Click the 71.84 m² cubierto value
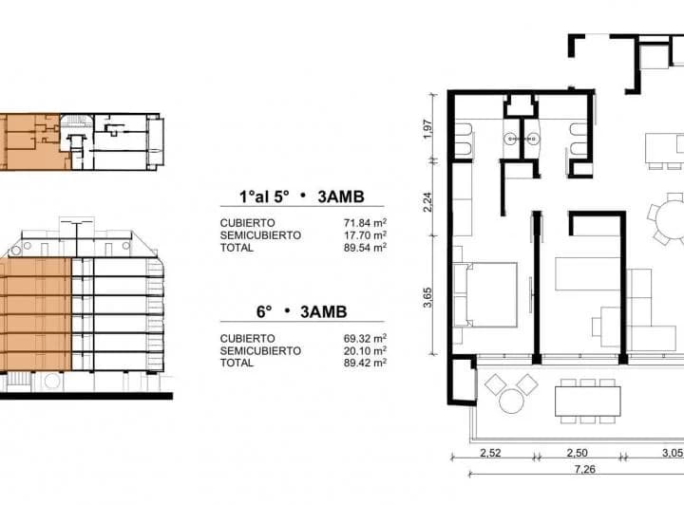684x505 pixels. click(x=365, y=223)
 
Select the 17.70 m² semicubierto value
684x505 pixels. click(x=365, y=235)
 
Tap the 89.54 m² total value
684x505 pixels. click(x=365, y=248)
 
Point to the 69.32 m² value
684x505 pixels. click(x=365, y=338)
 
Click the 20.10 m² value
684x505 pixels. click(x=365, y=350)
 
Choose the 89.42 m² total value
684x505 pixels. click(x=365, y=363)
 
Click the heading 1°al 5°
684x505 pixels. click(x=264, y=196)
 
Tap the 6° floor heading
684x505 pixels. click(x=264, y=312)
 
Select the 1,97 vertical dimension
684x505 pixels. click(x=427, y=129)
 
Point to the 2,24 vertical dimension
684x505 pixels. click(x=427, y=202)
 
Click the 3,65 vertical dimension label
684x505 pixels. click(x=427, y=297)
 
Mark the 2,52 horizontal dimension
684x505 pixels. click(x=490, y=453)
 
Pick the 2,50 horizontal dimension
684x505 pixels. click(x=578, y=453)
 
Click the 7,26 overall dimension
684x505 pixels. click(x=585, y=469)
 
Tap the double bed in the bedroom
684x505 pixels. click(x=485, y=294)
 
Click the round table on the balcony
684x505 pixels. click(x=511, y=402)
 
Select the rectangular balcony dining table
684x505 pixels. click(x=588, y=402)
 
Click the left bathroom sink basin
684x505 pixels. click(x=510, y=140)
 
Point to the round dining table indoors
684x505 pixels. click(x=671, y=218)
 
